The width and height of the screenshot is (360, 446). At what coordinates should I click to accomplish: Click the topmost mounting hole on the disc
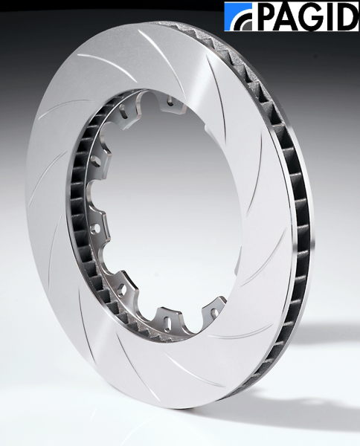[171, 102]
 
